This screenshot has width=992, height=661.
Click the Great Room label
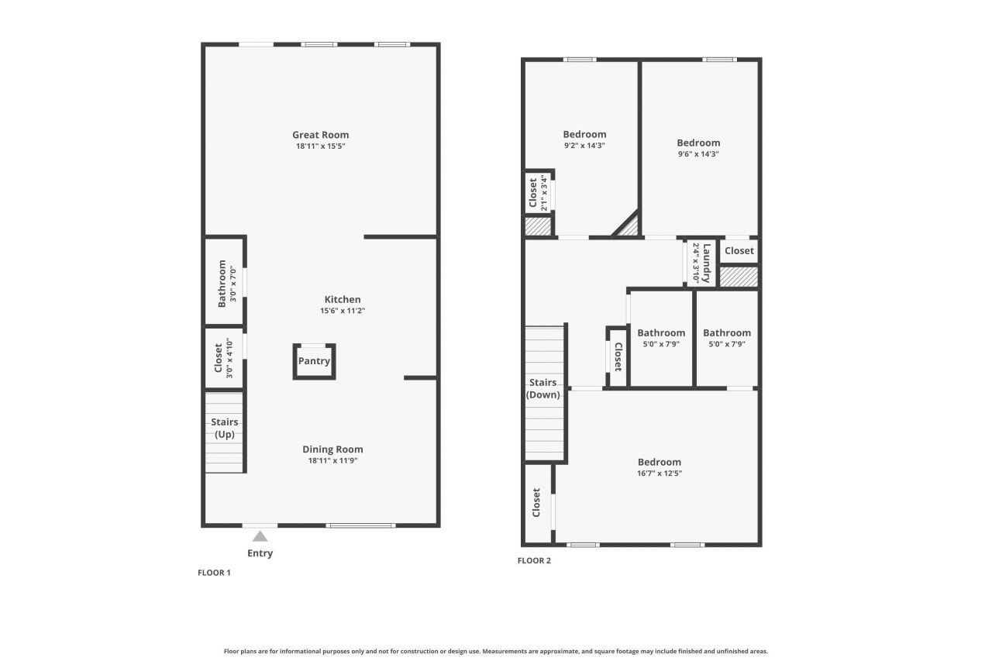point(320,135)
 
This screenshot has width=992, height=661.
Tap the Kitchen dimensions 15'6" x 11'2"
point(342,311)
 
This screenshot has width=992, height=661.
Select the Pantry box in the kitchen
point(314,361)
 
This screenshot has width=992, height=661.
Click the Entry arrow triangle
point(260,536)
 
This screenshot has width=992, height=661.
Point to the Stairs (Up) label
point(225,428)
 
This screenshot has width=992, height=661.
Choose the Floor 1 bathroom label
point(222,283)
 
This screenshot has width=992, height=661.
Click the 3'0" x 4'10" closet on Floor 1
point(223,359)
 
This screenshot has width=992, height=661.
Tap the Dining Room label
point(332,449)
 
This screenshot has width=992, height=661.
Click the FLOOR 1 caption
point(214,573)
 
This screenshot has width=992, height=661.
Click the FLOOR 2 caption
point(534,561)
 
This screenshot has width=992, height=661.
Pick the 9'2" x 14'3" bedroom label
point(584,134)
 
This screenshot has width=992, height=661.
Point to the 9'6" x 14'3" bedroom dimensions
point(698,153)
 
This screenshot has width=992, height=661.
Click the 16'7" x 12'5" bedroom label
point(660,462)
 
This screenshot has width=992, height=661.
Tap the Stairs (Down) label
point(542,388)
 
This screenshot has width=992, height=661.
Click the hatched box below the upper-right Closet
point(739,277)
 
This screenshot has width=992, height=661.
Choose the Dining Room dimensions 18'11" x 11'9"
point(332,460)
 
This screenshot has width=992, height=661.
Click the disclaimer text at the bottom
point(496,652)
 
